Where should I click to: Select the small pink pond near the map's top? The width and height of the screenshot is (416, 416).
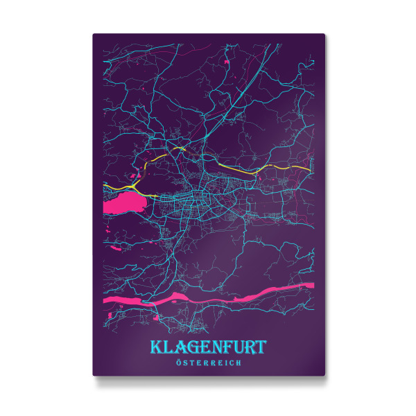[x=227, y=63]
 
